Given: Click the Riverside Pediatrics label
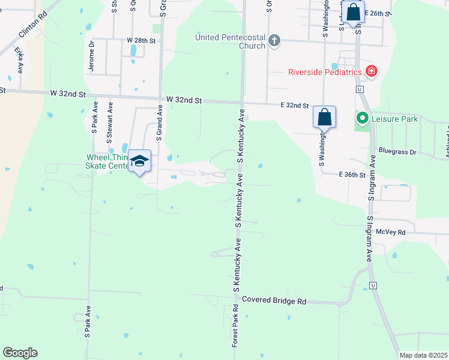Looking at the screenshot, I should pyautogui.click(x=325, y=72).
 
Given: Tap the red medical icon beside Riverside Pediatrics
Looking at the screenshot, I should pyautogui.click(x=372, y=71).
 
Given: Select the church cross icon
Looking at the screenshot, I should pyautogui.click(x=274, y=41).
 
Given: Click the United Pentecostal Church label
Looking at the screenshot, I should pyautogui.click(x=231, y=41).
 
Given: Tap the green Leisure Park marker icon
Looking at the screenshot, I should pyautogui.click(x=362, y=119).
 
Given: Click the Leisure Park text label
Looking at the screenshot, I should pyautogui.click(x=394, y=119).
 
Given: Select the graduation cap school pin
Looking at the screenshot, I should pyautogui.click(x=140, y=161).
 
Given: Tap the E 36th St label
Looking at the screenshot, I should pyautogui.click(x=352, y=175).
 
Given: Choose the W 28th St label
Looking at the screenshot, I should pyautogui.click(x=141, y=40).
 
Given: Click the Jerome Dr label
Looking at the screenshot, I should pyautogui.click(x=92, y=56).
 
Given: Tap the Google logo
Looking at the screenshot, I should pyautogui.click(x=20, y=353).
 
